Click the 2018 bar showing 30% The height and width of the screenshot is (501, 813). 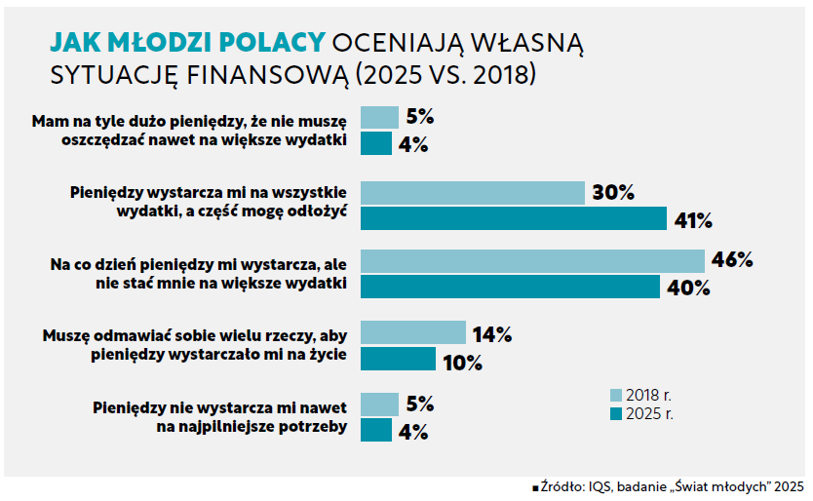click(x=473, y=193)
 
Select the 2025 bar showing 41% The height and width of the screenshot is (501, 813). click(x=514, y=219)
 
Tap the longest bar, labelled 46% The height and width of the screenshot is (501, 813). click(x=532, y=261)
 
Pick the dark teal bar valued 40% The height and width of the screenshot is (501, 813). click(x=510, y=288)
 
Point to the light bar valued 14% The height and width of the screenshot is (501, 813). click(x=413, y=333)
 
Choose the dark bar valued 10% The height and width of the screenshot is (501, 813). click(x=398, y=360)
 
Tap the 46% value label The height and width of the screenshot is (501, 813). click(x=732, y=261)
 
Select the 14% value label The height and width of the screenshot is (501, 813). click(x=492, y=334)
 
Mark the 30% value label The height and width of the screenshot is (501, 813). click(x=613, y=193)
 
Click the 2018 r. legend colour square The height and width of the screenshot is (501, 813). click(x=616, y=396)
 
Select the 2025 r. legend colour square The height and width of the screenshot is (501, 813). click(x=616, y=414)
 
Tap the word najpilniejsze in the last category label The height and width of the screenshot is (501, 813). click(x=223, y=425)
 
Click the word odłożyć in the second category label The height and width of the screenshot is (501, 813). click(x=318, y=211)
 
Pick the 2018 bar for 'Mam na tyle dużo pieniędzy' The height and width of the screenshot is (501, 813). click(x=380, y=117)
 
